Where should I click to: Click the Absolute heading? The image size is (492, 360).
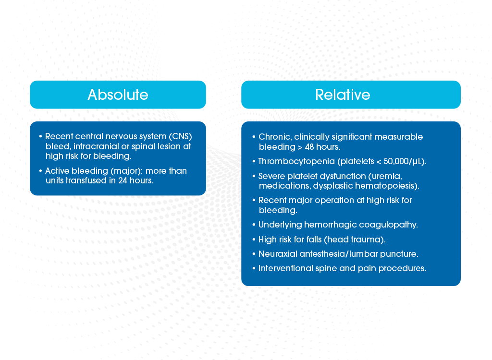(x=118, y=95)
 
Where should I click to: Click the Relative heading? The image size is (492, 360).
(x=343, y=95)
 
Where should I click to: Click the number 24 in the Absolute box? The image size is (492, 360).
(x=123, y=180)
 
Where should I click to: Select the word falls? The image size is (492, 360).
(x=314, y=240)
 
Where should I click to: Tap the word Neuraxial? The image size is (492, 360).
(x=278, y=254)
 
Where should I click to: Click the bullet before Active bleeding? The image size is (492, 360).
(x=40, y=171)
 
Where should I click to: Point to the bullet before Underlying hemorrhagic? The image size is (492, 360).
(x=254, y=225)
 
